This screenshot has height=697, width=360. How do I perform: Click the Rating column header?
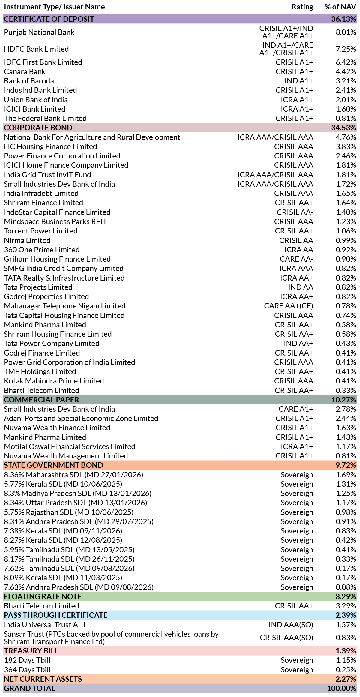(302, 7)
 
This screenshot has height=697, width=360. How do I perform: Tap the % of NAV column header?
(340, 7)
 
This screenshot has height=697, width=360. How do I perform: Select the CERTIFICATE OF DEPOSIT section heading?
(49, 19)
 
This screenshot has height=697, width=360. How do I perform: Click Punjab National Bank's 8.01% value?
(346, 32)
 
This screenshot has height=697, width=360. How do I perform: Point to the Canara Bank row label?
(25, 71)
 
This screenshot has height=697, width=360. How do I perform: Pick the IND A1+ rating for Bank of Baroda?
(299, 81)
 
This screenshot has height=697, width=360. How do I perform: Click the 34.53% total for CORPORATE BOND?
(344, 128)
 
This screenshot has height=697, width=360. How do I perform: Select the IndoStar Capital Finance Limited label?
(57, 212)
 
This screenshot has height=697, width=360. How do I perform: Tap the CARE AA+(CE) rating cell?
(289, 306)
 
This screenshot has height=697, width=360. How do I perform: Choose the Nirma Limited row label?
(27, 240)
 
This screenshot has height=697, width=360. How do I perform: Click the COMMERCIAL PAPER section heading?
(41, 400)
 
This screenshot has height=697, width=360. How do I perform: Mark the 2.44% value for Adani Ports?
(346, 418)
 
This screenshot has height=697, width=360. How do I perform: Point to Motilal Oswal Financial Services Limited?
(70, 446)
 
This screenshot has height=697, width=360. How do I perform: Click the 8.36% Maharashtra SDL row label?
(73, 475)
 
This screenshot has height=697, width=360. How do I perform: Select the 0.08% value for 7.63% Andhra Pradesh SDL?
(346, 587)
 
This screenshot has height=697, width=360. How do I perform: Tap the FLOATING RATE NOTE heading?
(43, 596)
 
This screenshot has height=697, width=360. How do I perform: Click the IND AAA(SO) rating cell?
(291, 625)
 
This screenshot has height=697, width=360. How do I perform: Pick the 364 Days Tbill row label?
(27, 670)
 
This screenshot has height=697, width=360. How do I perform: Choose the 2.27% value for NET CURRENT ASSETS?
(346, 679)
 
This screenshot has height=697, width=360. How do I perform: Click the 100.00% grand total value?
(342, 688)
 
